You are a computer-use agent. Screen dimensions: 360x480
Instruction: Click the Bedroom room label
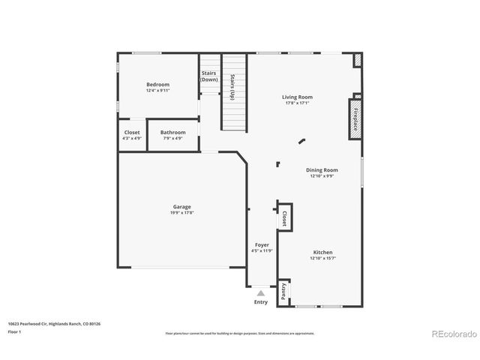157,85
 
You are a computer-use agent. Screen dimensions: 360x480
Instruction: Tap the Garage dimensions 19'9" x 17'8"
181,213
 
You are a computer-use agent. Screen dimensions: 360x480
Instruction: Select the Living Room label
297,97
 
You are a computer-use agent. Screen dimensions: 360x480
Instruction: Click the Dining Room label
322,170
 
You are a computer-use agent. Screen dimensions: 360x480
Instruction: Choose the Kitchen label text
322,252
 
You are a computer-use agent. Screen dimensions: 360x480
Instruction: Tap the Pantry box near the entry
283,292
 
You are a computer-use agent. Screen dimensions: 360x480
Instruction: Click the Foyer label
262,245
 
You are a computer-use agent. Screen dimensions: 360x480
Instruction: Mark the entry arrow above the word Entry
260,293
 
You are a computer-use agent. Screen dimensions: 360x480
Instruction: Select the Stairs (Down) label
208,76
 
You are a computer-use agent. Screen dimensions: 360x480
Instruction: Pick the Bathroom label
172,132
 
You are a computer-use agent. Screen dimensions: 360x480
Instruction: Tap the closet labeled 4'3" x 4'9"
131,135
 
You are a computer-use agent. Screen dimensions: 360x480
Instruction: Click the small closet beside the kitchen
284,218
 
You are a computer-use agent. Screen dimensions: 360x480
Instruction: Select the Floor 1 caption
14,331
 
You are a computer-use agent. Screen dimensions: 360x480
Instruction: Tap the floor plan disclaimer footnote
240,332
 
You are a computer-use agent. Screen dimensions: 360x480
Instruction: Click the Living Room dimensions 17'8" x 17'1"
297,103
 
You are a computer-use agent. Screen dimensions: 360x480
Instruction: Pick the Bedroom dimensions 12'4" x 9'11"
157,91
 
